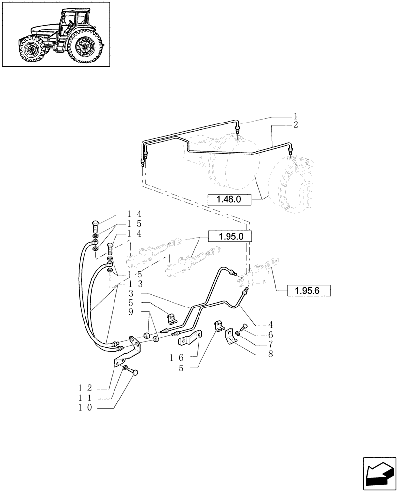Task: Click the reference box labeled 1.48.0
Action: [230, 199]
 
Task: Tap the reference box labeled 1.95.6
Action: [308, 290]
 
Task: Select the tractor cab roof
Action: [75, 11]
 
